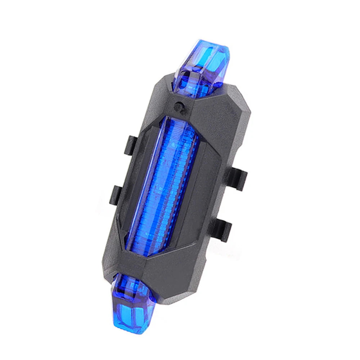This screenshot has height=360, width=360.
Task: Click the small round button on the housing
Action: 178,106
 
